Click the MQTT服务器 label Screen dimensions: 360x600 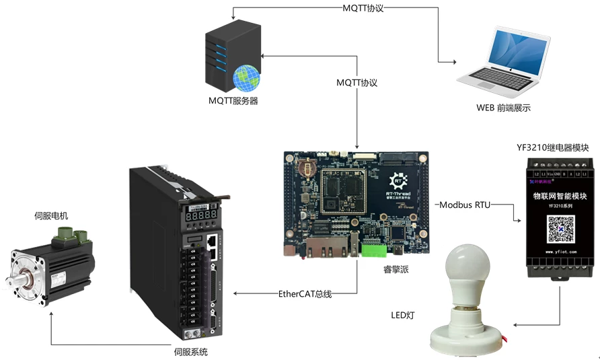(x=233, y=101)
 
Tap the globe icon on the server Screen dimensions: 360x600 (x=245, y=78)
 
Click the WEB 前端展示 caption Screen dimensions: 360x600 (x=503, y=107)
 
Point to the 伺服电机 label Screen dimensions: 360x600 (x=51, y=216)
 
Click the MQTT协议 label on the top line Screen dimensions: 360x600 (x=363, y=9)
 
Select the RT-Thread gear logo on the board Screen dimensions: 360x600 (x=400, y=180)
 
